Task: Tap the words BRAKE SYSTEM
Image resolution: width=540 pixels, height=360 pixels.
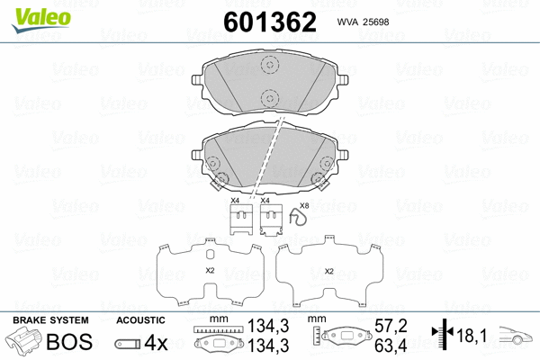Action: click(x=49, y=320)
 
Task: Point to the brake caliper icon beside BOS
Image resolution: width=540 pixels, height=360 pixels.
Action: click(x=24, y=343)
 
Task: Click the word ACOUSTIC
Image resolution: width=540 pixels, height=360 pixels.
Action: click(x=140, y=320)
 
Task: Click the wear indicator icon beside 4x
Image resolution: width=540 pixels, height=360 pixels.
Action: click(x=127, y=344)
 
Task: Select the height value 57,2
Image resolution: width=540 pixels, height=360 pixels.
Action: click(x=391, y=325)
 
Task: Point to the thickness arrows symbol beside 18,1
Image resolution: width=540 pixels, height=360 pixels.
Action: click(x=442, y=335)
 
